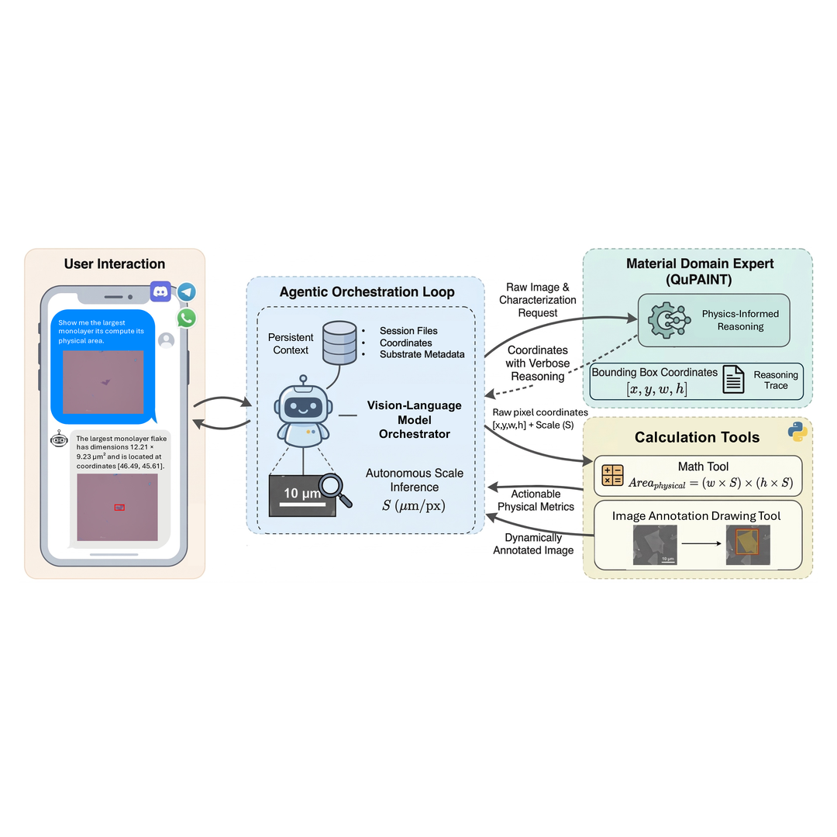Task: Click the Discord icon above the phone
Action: click(x=160, y=291)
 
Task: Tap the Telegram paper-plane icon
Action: click(x=186, y=292)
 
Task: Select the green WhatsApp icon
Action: click(x=186, y=318)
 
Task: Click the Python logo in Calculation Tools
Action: click(x=797, y=432)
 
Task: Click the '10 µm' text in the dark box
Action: click(x=301, y=493)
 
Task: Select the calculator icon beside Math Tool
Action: click(x=612, y=474)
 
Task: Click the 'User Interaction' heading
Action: click(x=115, y=264)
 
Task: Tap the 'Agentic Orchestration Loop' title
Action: click(x=367, y=292)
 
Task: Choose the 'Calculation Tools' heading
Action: click(x=697, y=437)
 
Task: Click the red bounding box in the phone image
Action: click(x=119, y=507)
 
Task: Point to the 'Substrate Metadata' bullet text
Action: click(x=422, y=354)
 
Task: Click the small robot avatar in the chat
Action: click(x=59, y=439)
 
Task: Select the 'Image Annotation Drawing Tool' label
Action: click(x=696, y=515)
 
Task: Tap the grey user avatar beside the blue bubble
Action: click(x=165, y=340)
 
